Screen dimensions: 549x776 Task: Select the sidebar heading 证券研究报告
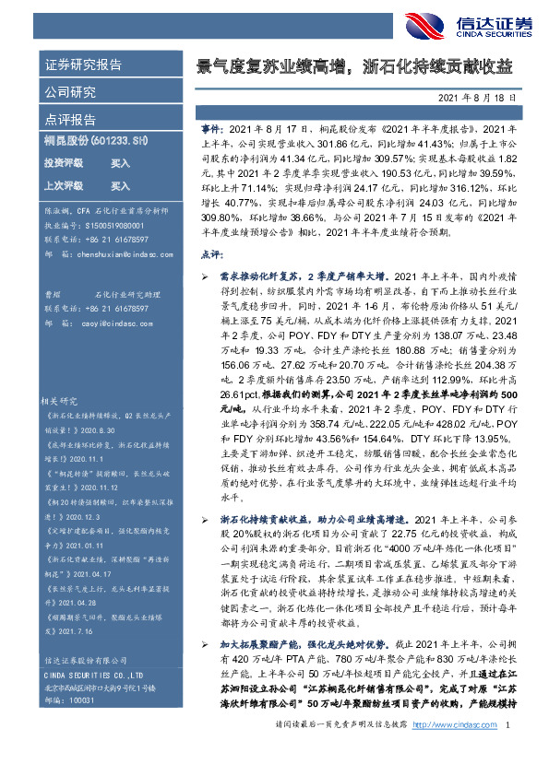pos(84,65)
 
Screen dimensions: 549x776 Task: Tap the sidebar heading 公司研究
pos(70,92)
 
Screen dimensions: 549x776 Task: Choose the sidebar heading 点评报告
pos(70,120)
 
